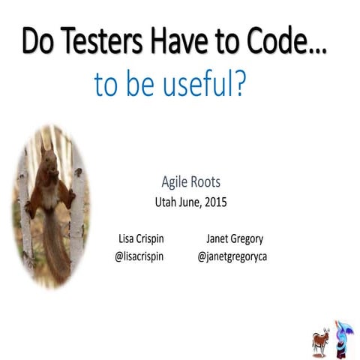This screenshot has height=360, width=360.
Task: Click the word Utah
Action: tap(166, 201)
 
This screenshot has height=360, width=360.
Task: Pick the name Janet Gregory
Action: tap(235, 239)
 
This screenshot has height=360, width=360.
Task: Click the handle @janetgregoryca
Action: tap(233, 256)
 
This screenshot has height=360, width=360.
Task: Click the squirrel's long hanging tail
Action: tap(54, 244)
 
